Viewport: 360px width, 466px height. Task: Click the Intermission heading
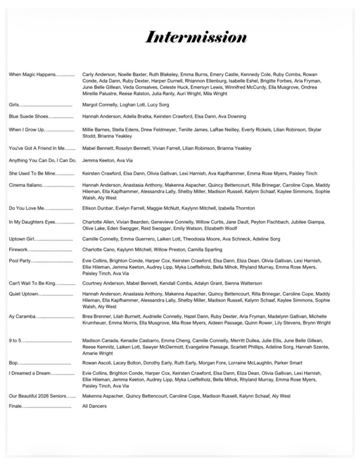(x=196, y=37)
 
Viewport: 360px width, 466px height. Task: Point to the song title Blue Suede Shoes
(x=28, y=117)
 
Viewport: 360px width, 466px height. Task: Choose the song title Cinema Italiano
(x=26, y=185)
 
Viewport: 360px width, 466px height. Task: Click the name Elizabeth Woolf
(x=221, y=228)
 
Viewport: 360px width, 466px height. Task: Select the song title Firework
(x=19, y=250)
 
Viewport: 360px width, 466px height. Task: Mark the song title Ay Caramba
(x=22, y=316)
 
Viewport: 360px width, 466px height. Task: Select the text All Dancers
(x=94, y=406)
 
